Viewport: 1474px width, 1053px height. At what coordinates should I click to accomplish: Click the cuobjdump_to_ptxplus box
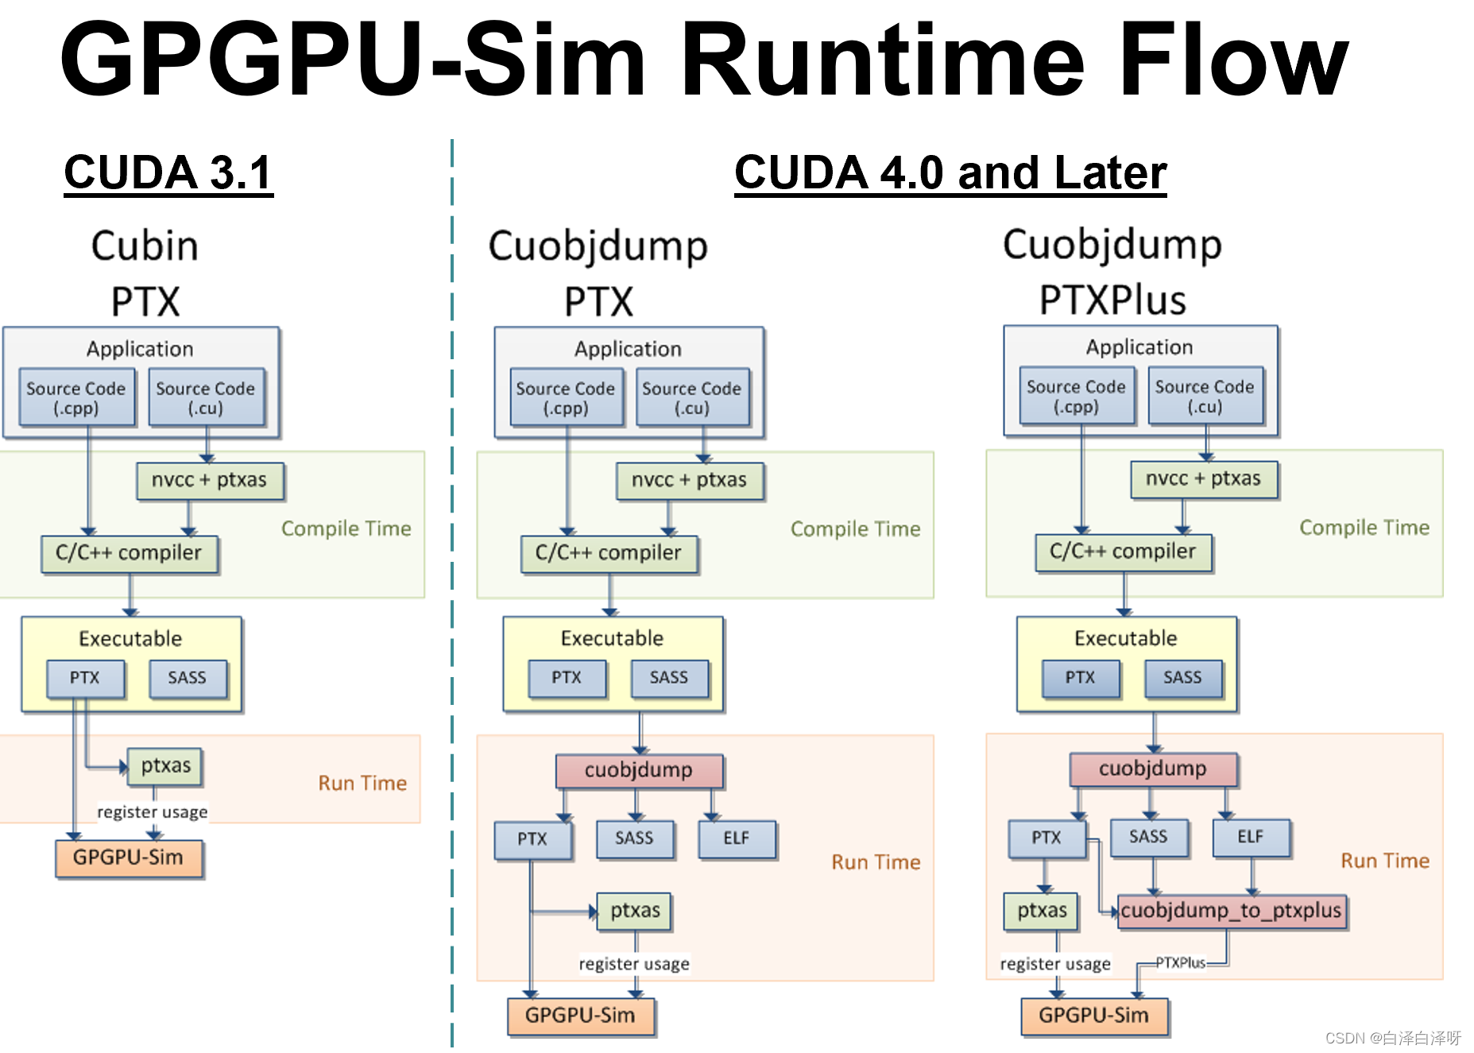(x=1231, y=911)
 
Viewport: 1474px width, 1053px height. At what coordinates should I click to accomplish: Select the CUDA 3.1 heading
(x=168, y=172)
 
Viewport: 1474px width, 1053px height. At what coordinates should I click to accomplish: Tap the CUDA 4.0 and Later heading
(x=950, y=172)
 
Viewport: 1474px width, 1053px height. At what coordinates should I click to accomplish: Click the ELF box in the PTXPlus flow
(x=1250, y=837)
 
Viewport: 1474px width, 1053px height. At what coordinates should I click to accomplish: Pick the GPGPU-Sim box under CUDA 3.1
(x=129, y=857)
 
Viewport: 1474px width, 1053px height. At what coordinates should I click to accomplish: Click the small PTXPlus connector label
(x=1180, y=962)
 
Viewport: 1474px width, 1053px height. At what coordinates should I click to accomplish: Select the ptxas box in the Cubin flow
(x=165, y=766)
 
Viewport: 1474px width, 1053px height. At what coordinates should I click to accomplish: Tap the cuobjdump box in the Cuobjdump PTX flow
(x=639, y=770)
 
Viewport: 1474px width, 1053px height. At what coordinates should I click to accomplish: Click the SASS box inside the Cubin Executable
(x=188, y=678)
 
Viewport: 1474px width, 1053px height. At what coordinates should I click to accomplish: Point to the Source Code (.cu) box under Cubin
(x=206, y=397)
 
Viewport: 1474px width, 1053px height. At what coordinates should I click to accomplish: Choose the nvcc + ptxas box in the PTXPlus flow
(x=1203, y=479)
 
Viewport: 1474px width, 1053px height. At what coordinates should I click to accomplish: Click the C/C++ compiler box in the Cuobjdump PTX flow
(x=609, y=553)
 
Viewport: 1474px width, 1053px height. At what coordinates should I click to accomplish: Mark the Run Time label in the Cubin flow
(x=362, y=784)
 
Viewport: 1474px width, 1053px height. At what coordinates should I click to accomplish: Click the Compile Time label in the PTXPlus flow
(x=1364, y=528)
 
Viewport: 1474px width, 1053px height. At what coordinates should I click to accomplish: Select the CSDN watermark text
(x=1392, y=1038)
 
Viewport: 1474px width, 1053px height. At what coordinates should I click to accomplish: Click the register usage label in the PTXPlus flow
(x=1054, y=964)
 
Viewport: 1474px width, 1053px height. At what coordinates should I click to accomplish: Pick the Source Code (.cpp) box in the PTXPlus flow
(x=1076, y=396)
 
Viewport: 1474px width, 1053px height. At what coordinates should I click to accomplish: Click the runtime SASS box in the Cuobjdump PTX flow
(x=634, y=838)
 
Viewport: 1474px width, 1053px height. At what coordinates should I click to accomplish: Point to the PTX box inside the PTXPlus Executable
(x=1080, y=678)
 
